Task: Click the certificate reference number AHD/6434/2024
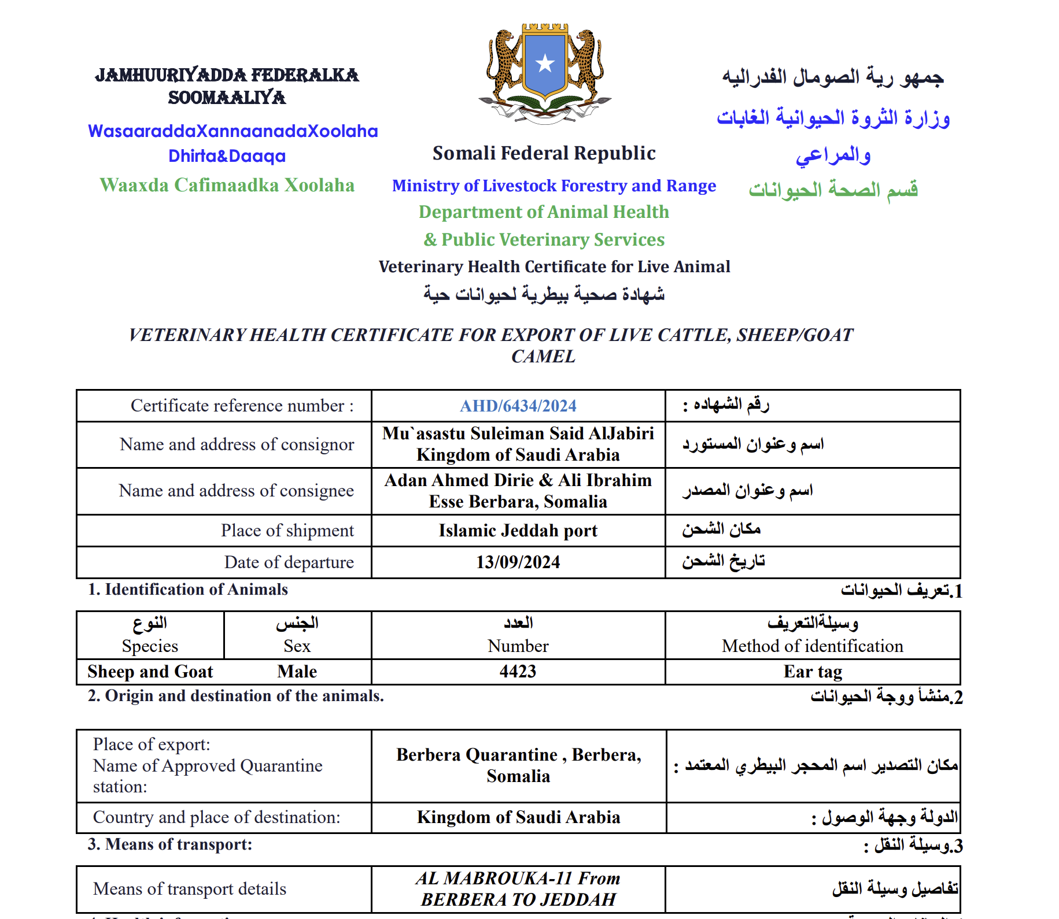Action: [518, 406]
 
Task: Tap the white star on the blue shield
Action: [545, 64]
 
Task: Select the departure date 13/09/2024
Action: [518, 562]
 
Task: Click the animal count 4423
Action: [518, 672]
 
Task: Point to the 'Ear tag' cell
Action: [813, 672]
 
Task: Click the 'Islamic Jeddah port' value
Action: [518, 531]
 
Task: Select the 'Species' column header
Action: [150, 646]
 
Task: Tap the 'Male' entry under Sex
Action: [297, 672]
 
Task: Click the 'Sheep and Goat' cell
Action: [150, 672]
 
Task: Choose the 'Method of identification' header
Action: [812, 646]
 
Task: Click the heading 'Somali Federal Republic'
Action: [544, 153]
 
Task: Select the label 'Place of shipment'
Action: [287, 531]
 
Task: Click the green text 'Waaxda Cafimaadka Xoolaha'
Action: [227, 185]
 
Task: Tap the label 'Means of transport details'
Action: [190, 888]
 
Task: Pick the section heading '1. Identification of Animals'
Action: [187, 590]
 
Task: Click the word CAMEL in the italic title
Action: [543, 357]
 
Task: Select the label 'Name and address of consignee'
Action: [236, 491]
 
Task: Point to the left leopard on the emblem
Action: [504, 64]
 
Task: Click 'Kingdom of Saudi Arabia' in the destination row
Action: [518, 817]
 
